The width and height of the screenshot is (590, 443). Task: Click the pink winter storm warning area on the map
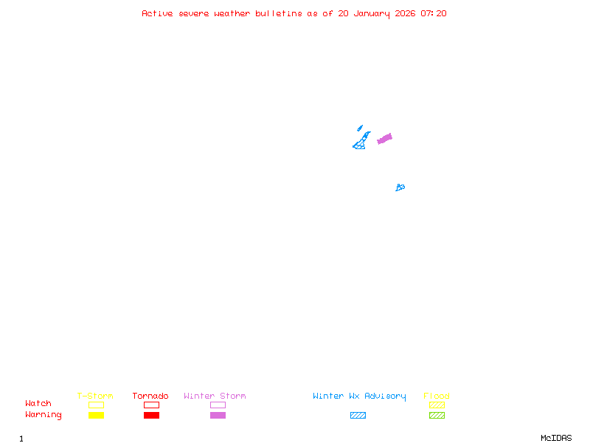384,138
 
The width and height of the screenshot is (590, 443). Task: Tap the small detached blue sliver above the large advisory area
360,128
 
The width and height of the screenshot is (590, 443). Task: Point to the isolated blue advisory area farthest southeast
400,188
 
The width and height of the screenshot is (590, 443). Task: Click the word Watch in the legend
38,404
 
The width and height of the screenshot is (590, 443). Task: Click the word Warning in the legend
44,415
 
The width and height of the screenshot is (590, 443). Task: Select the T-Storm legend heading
95,396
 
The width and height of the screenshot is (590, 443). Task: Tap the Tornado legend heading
150,396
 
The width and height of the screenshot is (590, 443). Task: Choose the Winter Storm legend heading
215,396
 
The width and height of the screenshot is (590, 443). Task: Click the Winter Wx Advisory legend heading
359,396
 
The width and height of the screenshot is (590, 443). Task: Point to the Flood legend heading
437,396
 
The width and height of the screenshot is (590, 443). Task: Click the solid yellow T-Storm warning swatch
96,416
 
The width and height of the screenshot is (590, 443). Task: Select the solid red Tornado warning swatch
151,416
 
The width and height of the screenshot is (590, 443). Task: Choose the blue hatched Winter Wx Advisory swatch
358,416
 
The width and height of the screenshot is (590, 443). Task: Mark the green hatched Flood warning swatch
437,416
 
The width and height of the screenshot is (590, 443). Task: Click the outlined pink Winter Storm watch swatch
218,405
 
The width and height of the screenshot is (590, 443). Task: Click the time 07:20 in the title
434,13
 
